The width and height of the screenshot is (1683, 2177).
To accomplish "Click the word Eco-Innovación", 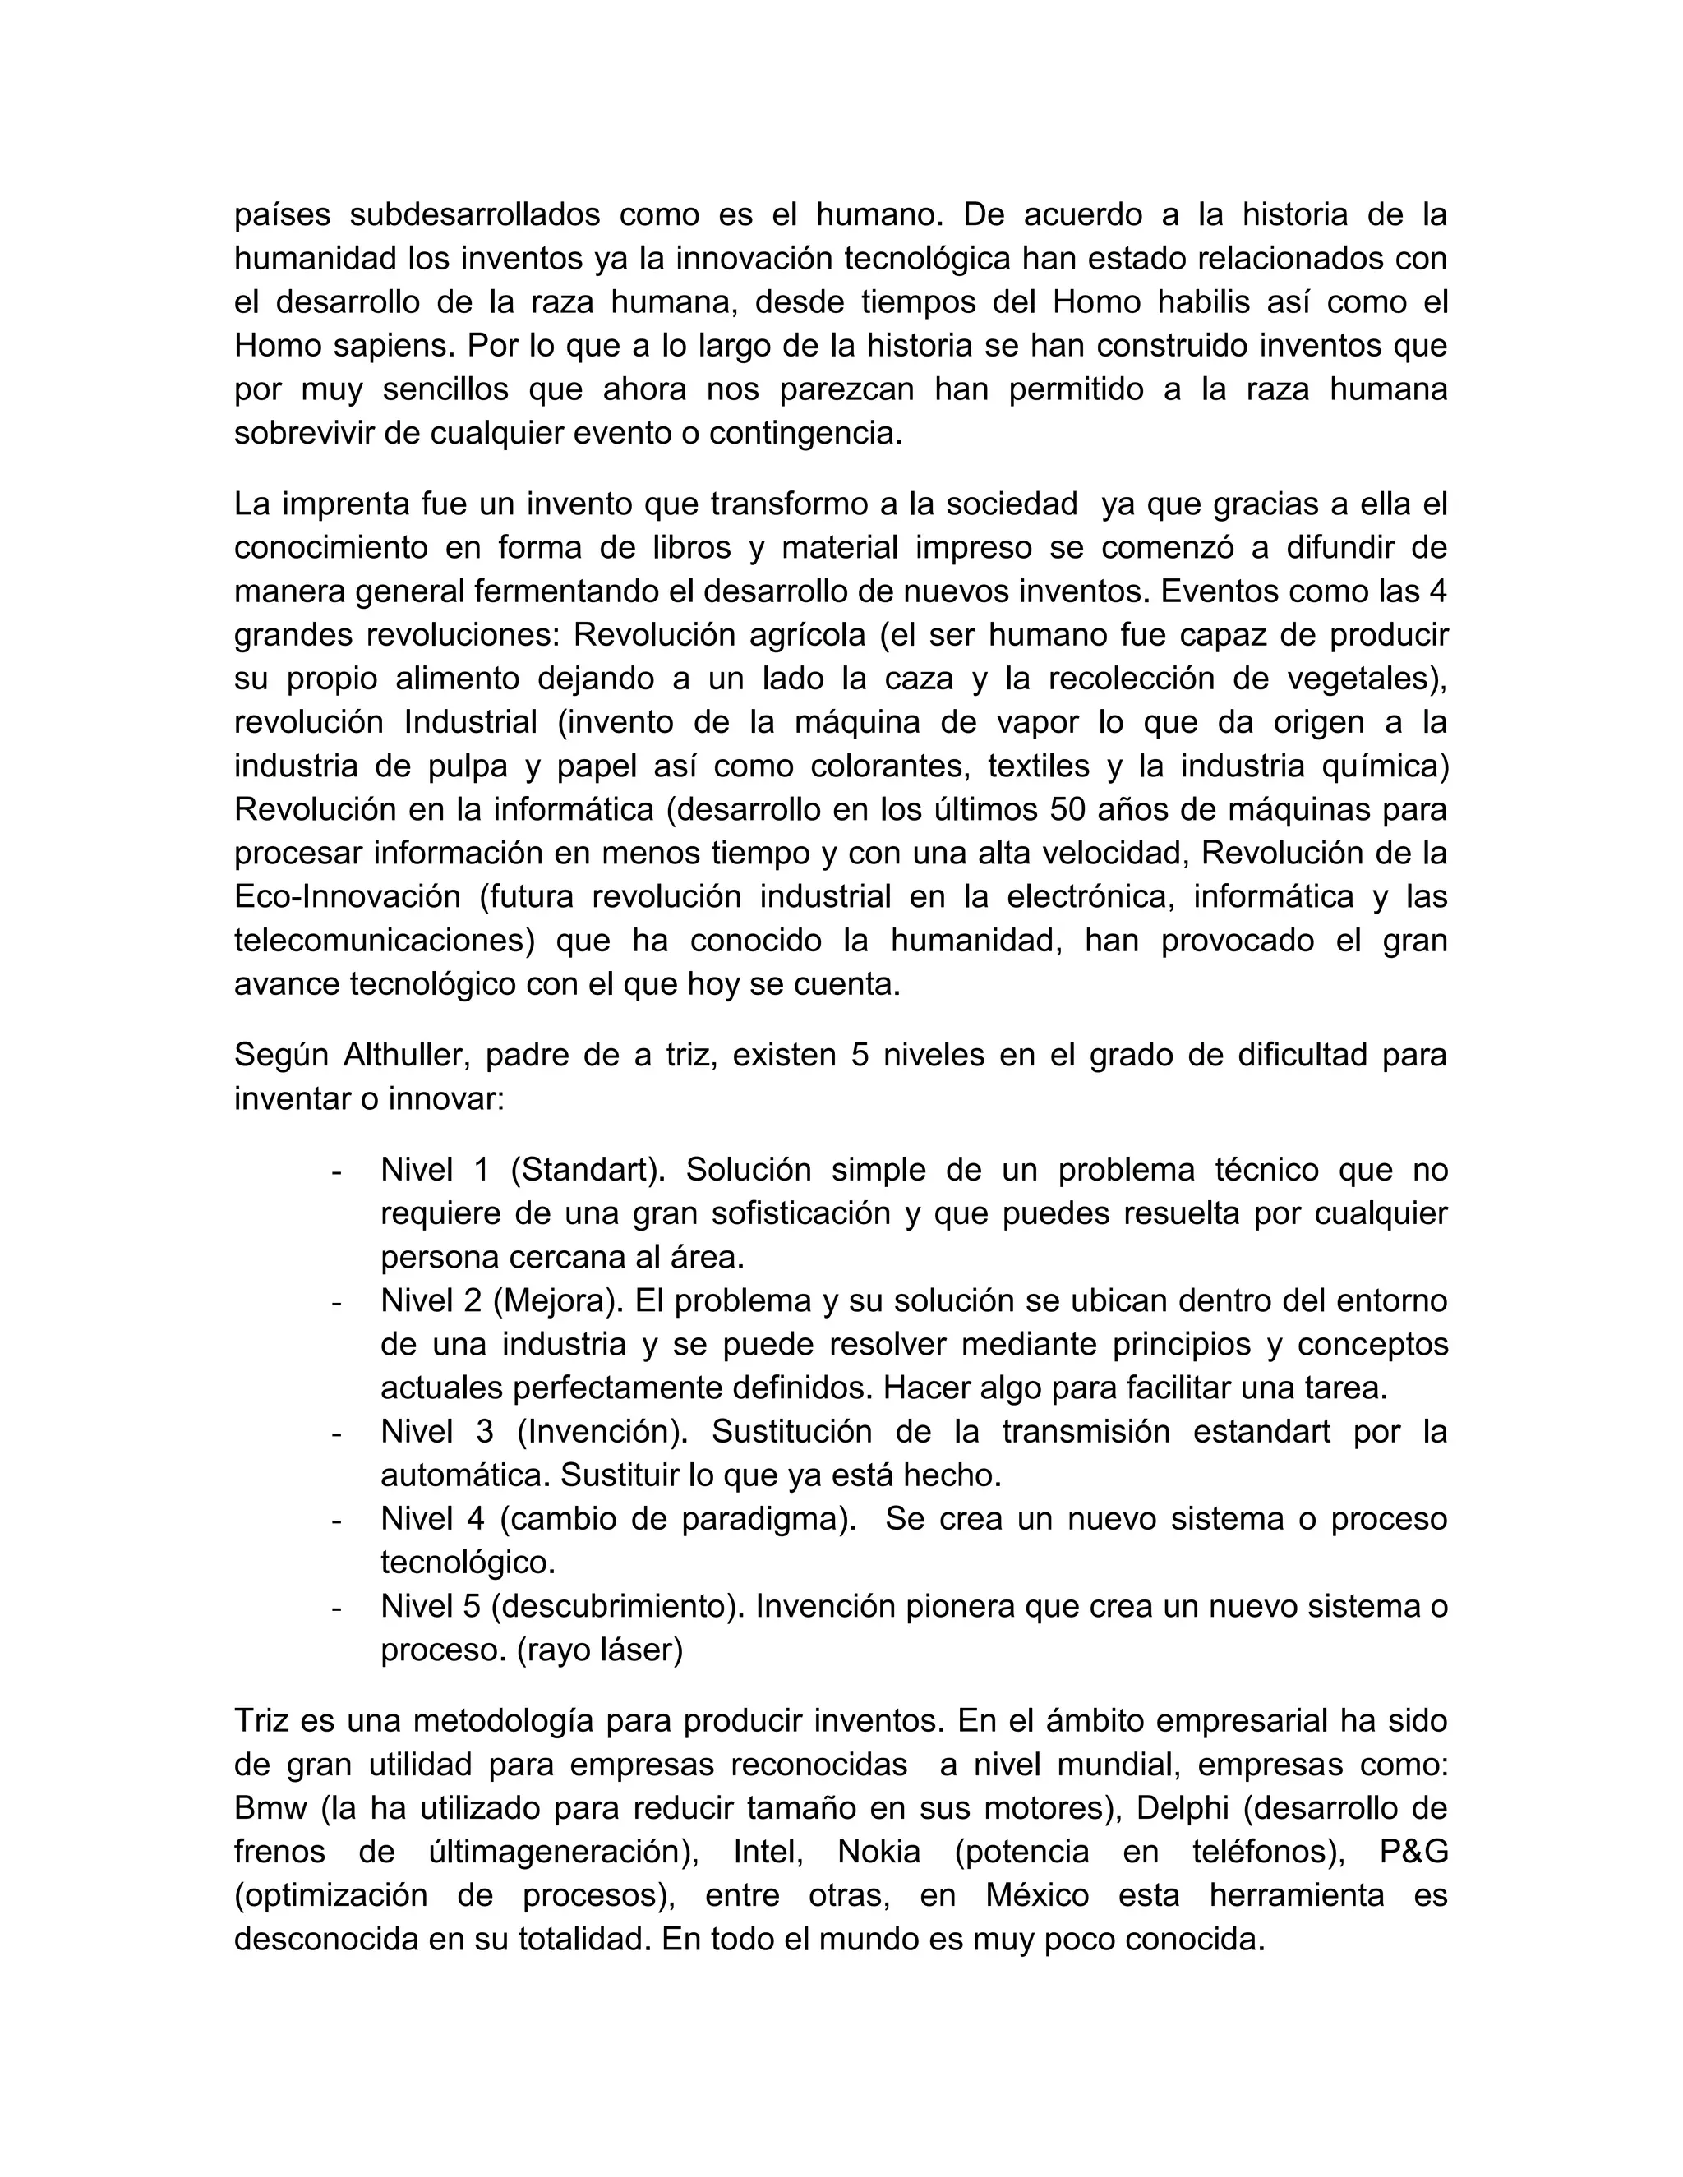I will click(347, 896).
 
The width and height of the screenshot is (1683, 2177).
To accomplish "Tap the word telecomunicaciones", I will click(385, 940).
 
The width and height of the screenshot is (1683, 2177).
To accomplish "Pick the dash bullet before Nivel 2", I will click(337, 1302).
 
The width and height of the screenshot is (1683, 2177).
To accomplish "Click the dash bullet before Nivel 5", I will click(337, 1607).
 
